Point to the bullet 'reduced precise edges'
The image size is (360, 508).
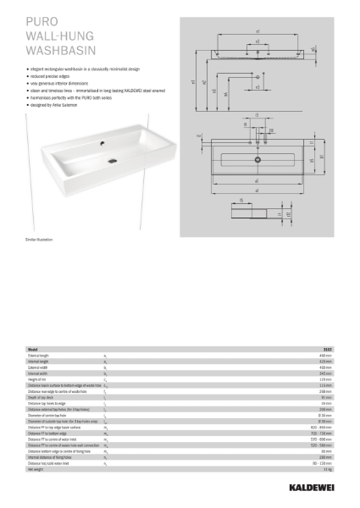[x=47, y=75]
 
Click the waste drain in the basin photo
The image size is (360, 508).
[x=112, y=157]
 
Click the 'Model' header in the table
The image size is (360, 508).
[x=33, y=349]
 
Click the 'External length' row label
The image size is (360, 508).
[x=40, y=356]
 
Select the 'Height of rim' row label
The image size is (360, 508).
[x=38, y=380]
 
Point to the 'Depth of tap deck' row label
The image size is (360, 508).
[x=42, y=398]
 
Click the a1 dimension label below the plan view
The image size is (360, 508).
[x=257, y=180]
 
